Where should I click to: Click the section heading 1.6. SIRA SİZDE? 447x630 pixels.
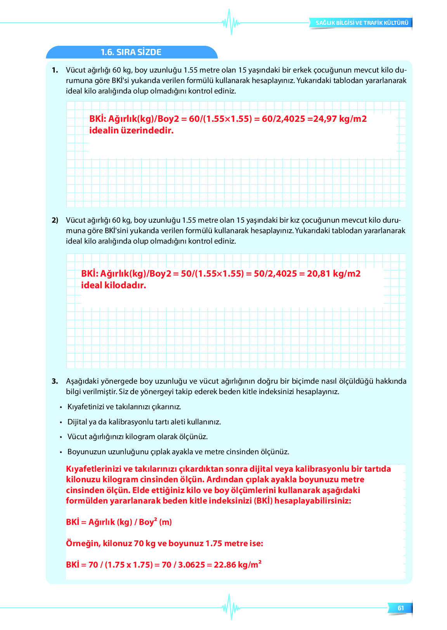(131, 52)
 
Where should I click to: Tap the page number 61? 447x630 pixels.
(400, 608)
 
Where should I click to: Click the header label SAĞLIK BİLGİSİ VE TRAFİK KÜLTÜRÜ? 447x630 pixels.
(362, 23)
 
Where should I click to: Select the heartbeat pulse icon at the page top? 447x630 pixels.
(231, 22)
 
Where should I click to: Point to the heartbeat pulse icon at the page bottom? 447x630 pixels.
(231, 607)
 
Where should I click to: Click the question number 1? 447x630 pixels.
(55, 70)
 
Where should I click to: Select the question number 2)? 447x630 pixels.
(55, 220)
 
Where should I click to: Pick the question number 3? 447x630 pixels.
(55, 381)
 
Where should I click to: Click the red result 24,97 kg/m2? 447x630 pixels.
(340, 119)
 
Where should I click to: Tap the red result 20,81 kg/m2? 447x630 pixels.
(334, 274)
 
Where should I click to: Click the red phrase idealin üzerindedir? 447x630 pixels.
(131, 131)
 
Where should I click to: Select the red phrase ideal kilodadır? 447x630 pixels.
(113, 286)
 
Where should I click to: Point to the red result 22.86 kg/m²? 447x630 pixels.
(237, 565)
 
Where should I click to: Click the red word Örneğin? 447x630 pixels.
(83, 543)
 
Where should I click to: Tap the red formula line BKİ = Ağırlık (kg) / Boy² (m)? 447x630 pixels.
(119, 522)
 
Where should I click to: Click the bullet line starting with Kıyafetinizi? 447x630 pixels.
(124, 407)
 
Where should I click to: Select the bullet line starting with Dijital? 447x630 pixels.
(144, 422)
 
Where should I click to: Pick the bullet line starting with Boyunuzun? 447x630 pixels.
(178, 452)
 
